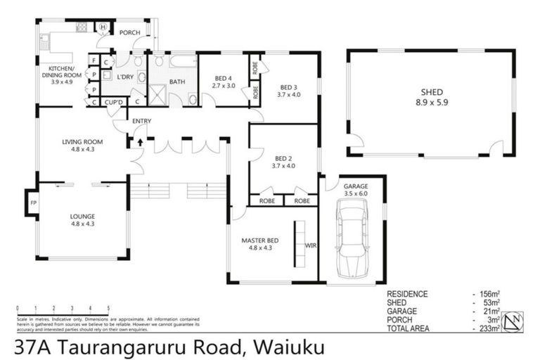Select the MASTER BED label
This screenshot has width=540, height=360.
coord(260,240)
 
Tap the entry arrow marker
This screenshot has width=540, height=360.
coord(140,143)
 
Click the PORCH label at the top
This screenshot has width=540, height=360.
coord(130,32)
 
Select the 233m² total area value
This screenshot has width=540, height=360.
coord(487,328)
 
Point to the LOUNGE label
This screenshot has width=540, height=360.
coord(82,216)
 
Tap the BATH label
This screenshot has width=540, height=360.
coord(177,82)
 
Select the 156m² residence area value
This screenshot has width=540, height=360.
coord(487,294)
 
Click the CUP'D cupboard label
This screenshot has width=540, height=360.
coord(113,102)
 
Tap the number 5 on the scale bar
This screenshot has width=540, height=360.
coord(108,307)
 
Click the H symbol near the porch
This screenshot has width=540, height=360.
coord(103,27)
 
